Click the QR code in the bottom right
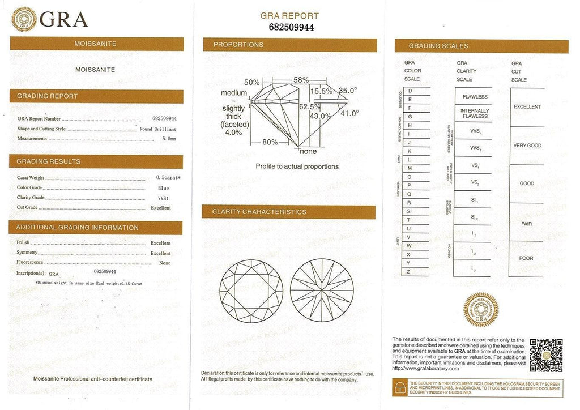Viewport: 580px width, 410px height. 546,355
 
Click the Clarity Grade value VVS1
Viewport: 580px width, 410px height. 164,198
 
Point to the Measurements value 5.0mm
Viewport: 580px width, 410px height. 169,139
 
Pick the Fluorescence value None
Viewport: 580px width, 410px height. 165,263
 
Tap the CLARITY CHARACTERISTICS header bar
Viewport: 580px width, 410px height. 289,212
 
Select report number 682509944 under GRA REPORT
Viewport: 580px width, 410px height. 289,27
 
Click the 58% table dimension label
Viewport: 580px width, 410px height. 301,80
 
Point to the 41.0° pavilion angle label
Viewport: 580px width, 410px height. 349,113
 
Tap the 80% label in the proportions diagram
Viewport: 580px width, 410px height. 270,142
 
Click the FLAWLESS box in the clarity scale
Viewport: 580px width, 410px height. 475,97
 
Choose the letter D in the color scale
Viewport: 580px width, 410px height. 410,91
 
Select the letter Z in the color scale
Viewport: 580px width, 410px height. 409,272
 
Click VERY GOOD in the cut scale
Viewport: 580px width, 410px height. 527,146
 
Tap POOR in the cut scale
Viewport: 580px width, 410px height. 526,258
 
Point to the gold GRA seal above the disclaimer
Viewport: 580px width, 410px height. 481,310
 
